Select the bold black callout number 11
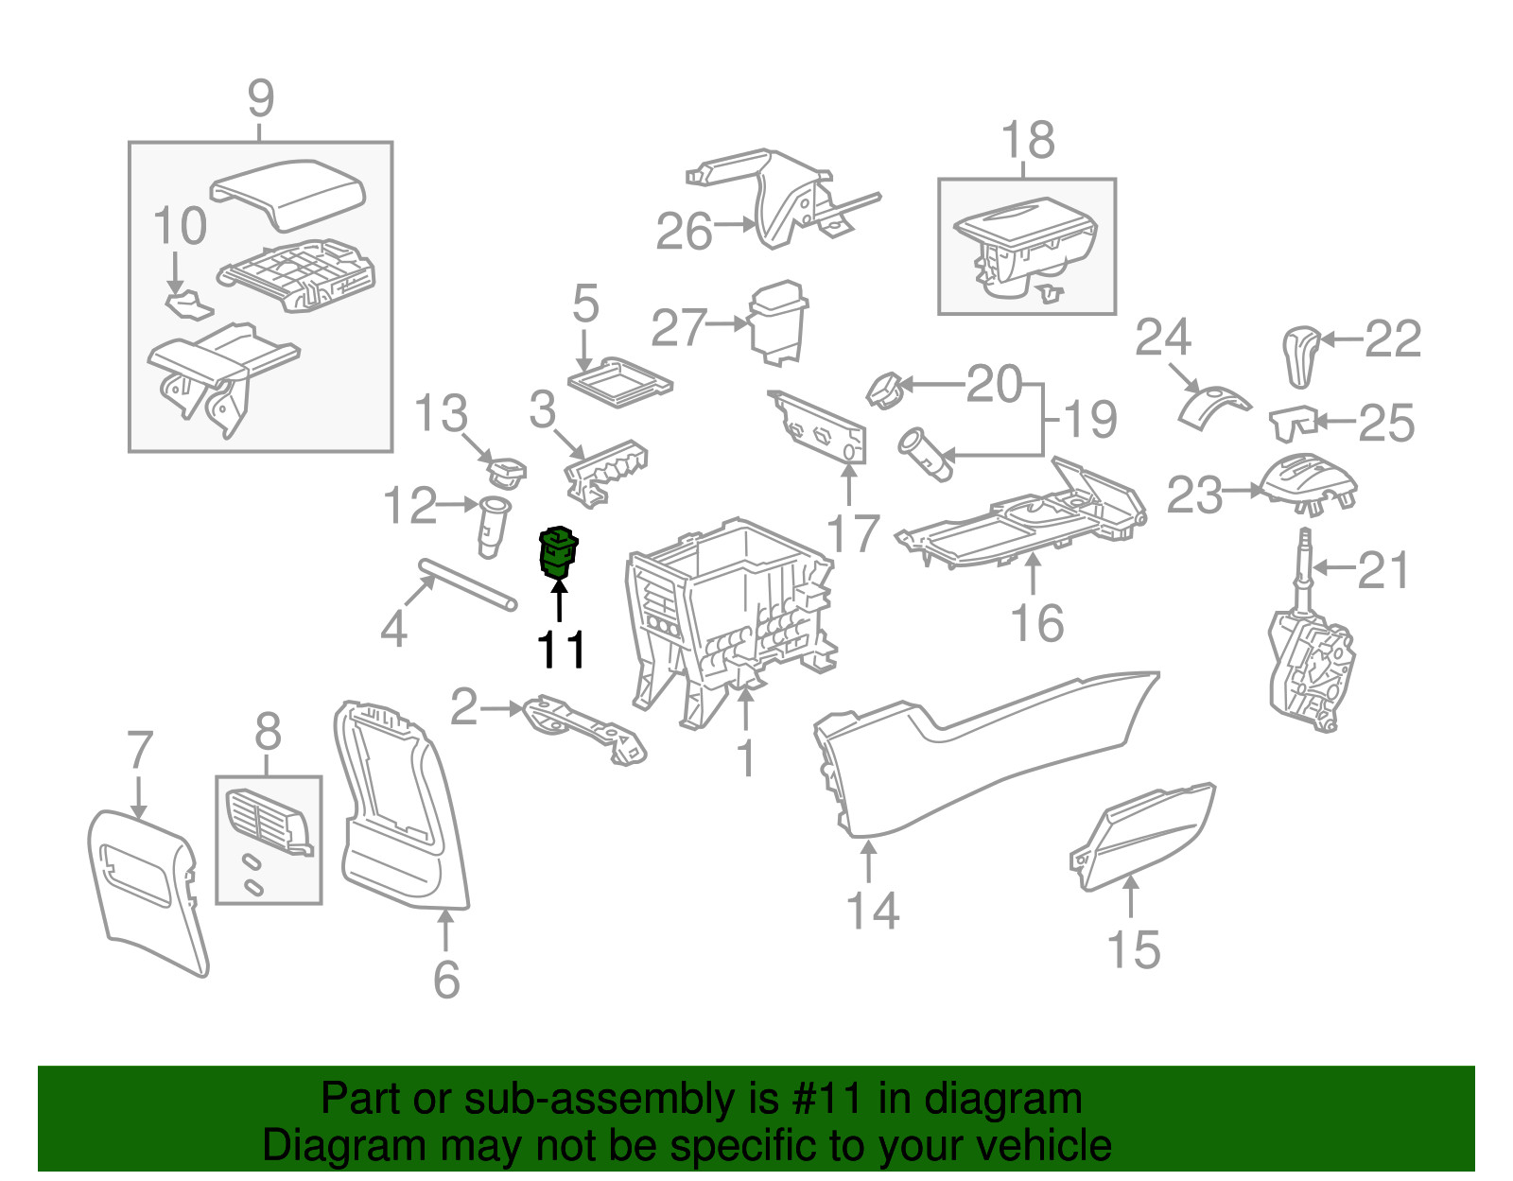tap(561, 650)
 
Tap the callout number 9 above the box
tap(260, 99)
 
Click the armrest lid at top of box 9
tap(288, 194)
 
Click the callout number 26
tap(684, 232)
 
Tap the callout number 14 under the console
tap(872, 911)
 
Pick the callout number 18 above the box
tap(1027, 141)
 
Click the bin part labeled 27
tap(778, 321)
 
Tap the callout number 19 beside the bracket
tap(1090, 419)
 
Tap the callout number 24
tap(1163, 337)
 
